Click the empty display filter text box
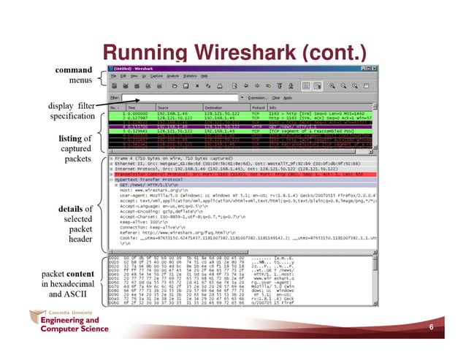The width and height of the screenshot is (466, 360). [168, 96]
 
